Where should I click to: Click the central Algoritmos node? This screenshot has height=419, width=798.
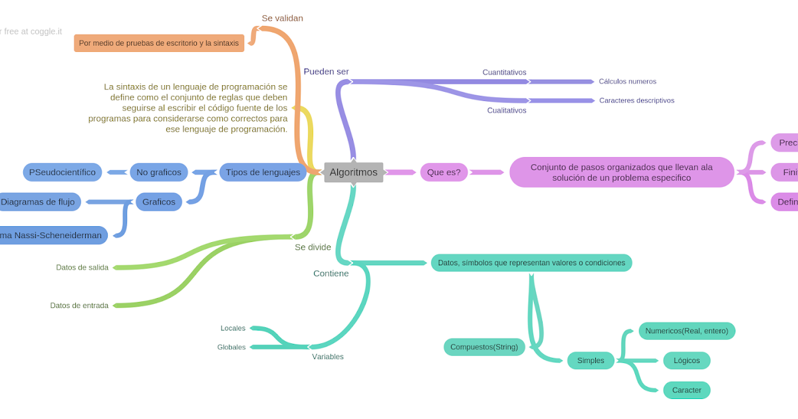(353, 172)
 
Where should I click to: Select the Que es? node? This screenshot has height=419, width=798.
(444, 172)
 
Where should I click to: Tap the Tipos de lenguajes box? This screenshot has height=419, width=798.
(263, 172)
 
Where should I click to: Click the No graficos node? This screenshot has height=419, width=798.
(159, 172)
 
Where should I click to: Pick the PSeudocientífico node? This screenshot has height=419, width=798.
(63, 172)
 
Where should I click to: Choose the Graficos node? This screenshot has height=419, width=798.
(159, 202)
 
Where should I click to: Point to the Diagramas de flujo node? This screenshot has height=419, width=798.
(39, 202)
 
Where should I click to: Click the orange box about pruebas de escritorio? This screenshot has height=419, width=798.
(159, 43)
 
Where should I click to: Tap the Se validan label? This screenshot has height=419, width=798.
(282, 18)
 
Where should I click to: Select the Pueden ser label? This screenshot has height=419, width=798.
(326, 72)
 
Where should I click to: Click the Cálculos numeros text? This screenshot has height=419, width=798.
(627, 82)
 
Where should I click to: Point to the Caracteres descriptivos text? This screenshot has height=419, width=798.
(636, 100)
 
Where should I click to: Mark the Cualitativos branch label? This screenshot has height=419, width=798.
(507, 110)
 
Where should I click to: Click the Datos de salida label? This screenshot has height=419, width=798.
(82, 267)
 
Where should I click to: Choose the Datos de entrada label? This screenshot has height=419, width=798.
(79, 305)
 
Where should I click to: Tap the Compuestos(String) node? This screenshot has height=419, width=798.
(484, 347)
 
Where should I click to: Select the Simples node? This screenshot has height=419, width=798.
(591, 360)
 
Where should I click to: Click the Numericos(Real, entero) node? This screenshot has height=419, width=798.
(686, 331)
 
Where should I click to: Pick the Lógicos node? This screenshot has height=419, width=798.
(686, 360)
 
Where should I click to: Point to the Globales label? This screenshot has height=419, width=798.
(231, 347)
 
